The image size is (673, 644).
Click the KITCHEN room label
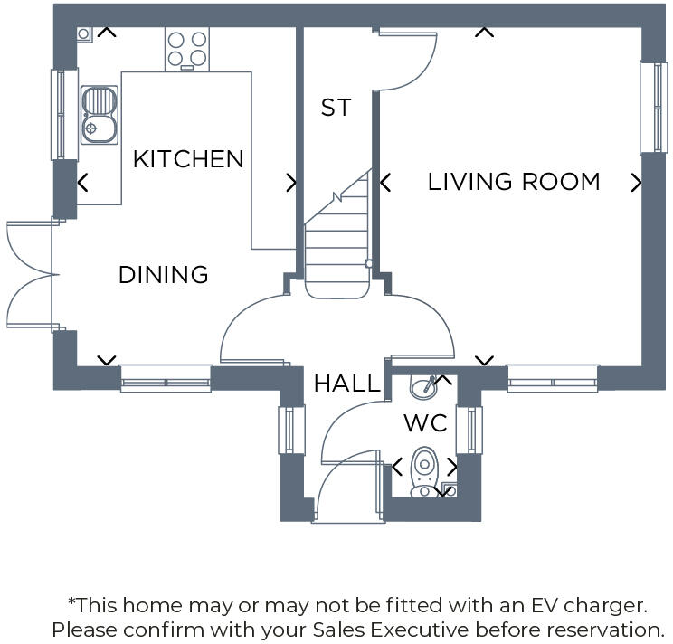(x=188, y=159)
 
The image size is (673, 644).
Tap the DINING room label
(x=164, y=274)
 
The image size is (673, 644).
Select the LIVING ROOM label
(x=514, y=182)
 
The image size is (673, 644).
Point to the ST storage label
(x=336, y=108)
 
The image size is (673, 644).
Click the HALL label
(x=346, y=384)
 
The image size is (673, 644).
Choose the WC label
(x=425, y=423)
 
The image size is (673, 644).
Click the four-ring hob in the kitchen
(x=187, y=49)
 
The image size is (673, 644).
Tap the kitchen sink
(x=98, y=114)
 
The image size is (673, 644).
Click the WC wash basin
(x=423, y=387)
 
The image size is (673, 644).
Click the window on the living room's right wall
(x=653, y=108)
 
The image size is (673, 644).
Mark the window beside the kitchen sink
(x=63, y=114)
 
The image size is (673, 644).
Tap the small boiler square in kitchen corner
(x=83, y=34)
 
